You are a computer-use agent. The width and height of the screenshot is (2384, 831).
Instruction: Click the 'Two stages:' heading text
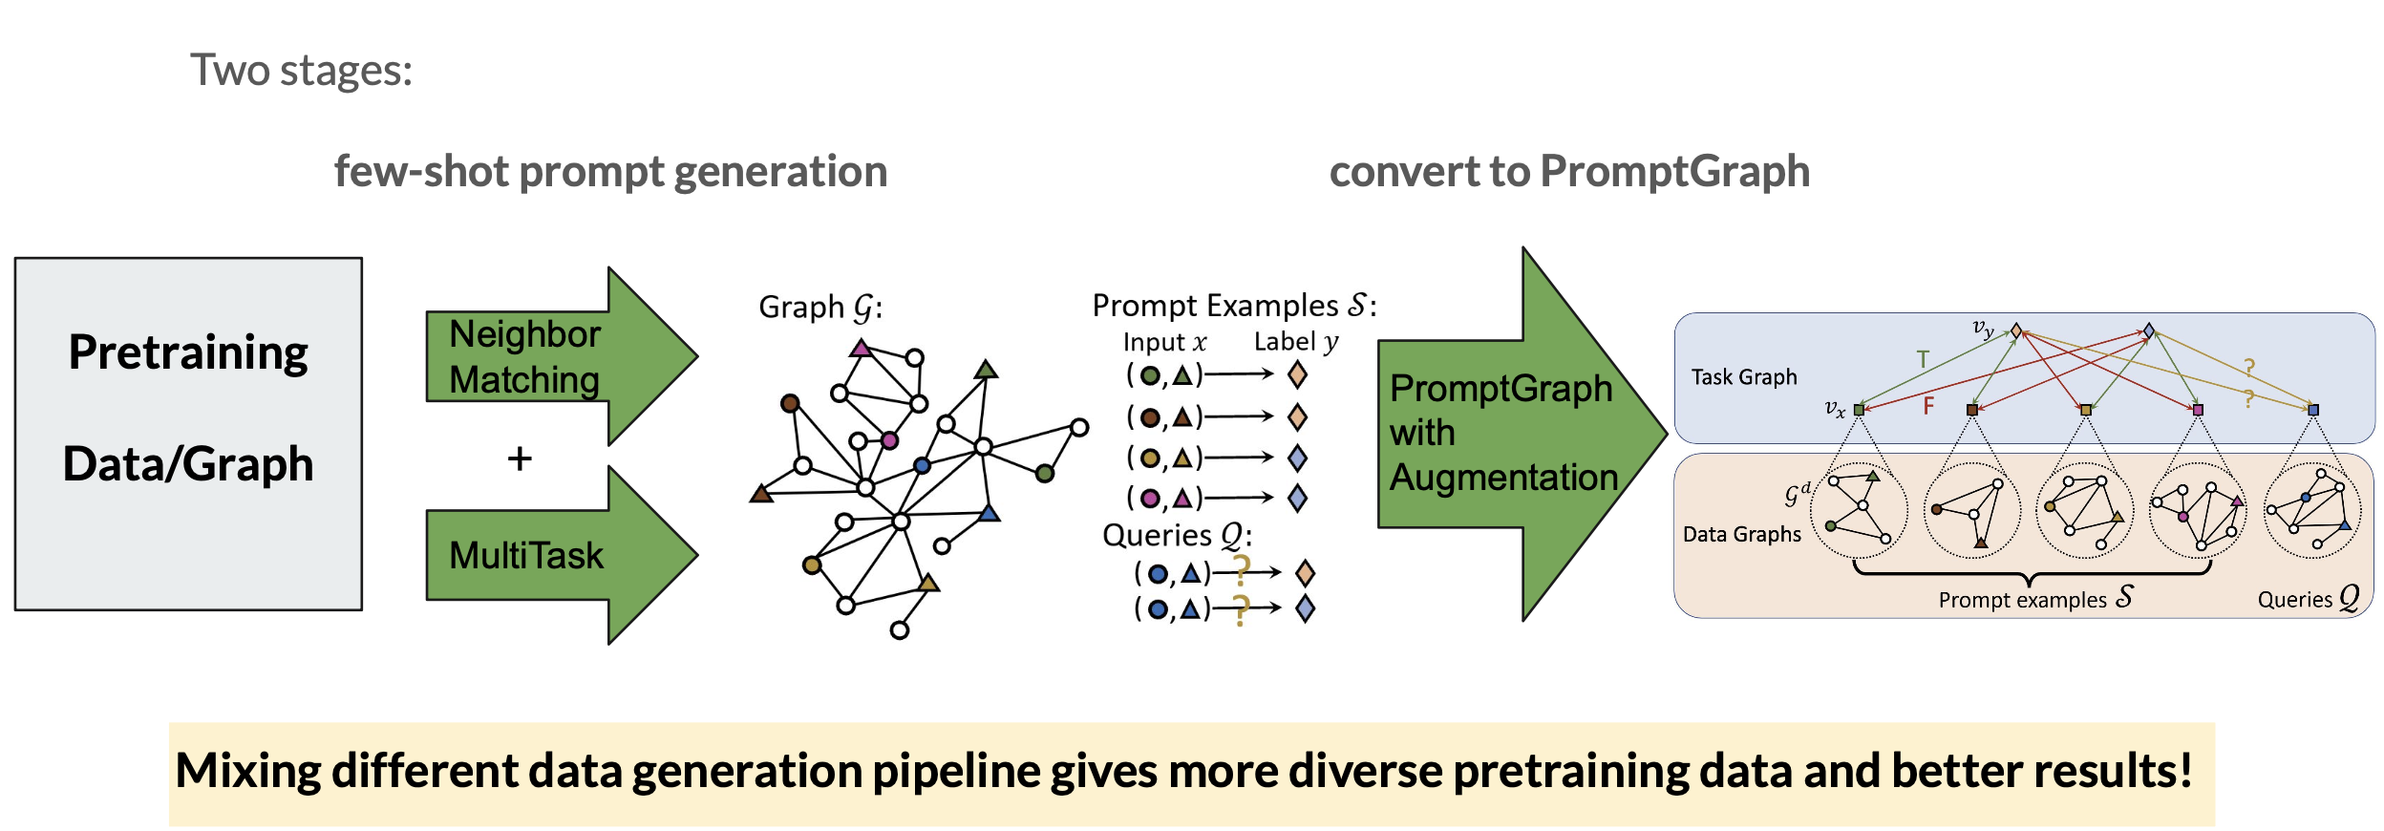[x=301, y=71]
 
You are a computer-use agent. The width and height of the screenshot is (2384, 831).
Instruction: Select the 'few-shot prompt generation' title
[x=610, y=172]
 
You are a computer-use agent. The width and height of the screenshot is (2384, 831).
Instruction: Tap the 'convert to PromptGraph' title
[x=1569, y=172]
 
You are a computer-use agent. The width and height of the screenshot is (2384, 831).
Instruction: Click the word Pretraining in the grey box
[x=188, y=352]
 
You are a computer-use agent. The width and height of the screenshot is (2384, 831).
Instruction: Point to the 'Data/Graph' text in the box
[x=188, y=464]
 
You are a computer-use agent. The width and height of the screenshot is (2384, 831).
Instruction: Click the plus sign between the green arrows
[x=520, y=459]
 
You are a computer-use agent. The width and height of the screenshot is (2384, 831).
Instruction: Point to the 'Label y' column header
[x=1296, y=342]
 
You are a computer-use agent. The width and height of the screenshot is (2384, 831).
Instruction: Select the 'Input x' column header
[x=1164, y=343]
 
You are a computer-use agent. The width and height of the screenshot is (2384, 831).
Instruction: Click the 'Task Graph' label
[x=1744, y=377]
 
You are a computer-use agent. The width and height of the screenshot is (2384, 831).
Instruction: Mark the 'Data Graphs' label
[x=1742, y=534]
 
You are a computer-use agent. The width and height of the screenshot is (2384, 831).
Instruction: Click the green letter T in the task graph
[x=1923, y=359]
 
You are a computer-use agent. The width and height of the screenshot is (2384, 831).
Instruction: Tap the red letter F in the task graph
[x=1928, y=406]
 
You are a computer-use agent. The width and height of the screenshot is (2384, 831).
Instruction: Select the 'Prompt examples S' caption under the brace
[x=2034, y=599]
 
